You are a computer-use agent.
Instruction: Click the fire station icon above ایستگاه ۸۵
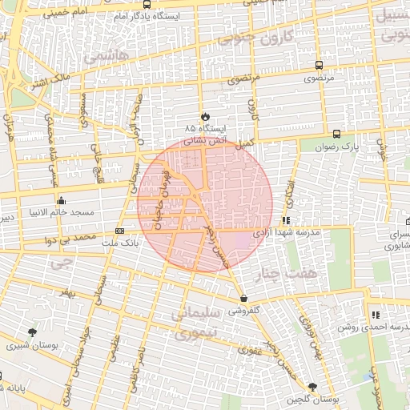[x=205, y=116]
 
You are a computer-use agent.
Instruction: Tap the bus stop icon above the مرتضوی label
[x=320, y=66]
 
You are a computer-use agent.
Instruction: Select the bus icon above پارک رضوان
[x=336, y=135]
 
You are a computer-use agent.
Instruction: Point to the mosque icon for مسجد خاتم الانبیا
[x=61, y=200]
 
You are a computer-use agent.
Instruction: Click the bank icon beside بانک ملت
[x=120, y=231]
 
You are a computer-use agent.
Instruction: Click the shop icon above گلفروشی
[x=243, y=298]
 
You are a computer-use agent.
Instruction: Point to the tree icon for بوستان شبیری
[x=32, y=332]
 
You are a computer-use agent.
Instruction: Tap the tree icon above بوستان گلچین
[x=312, y=387]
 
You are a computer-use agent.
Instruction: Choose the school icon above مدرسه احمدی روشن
[x=375, y=314]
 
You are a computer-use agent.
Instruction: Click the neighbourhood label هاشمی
[x=100, y=58]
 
